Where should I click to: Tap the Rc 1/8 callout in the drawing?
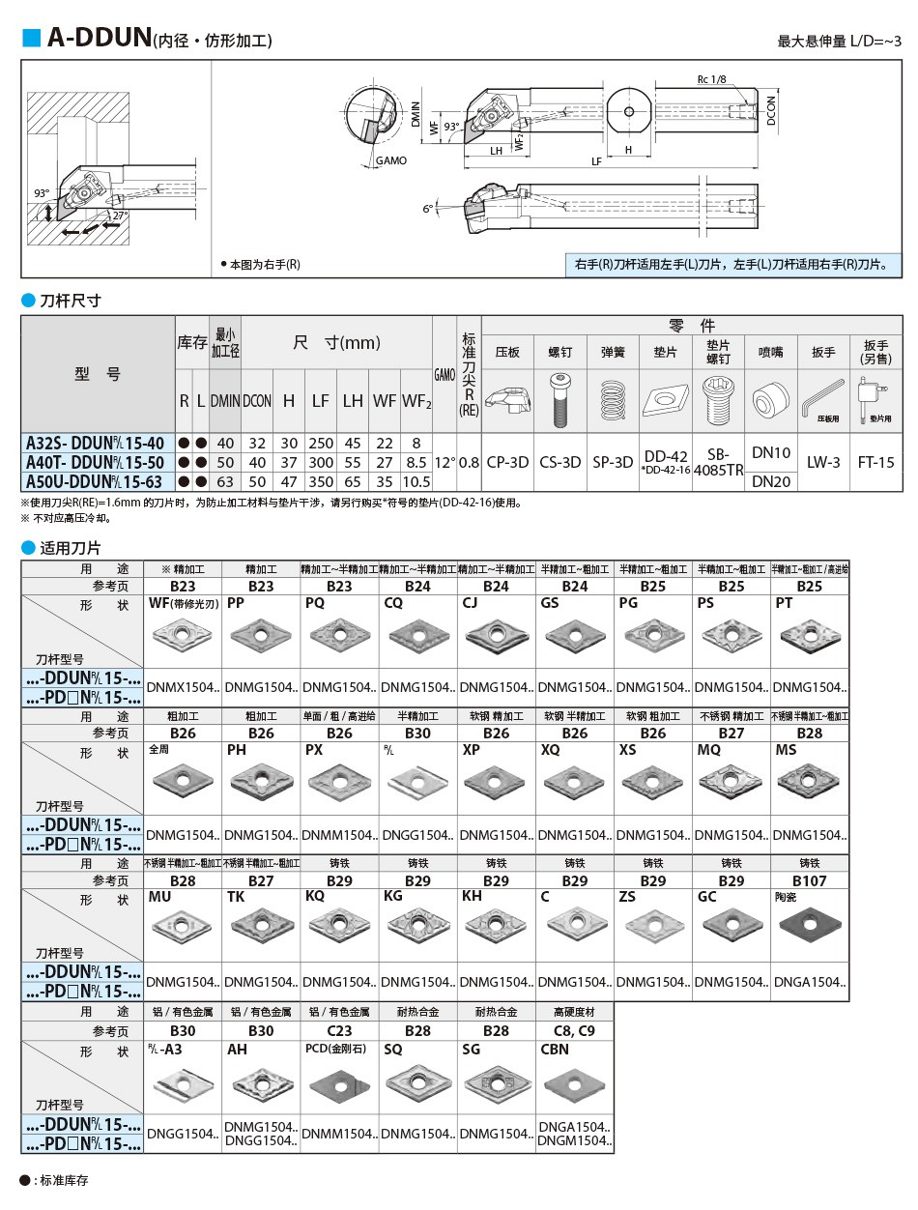coord(710,79)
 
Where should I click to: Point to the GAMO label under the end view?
coord(391,160)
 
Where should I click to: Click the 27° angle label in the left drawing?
coord(119,216)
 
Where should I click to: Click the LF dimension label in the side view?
coord(596,161)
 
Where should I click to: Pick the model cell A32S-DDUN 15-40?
coord(95,443)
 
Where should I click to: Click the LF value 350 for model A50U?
coord(321,481)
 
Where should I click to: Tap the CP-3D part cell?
coord(507,462)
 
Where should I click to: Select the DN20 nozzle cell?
coord(771,481)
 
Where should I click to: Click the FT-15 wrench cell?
coord(875,462)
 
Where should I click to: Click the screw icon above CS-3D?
coord(559,398)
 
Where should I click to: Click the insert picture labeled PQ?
coord(339,638)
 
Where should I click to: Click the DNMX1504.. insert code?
coord(183,687)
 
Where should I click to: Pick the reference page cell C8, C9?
coord(574,1031)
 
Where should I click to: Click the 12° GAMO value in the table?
coord(445,462)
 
